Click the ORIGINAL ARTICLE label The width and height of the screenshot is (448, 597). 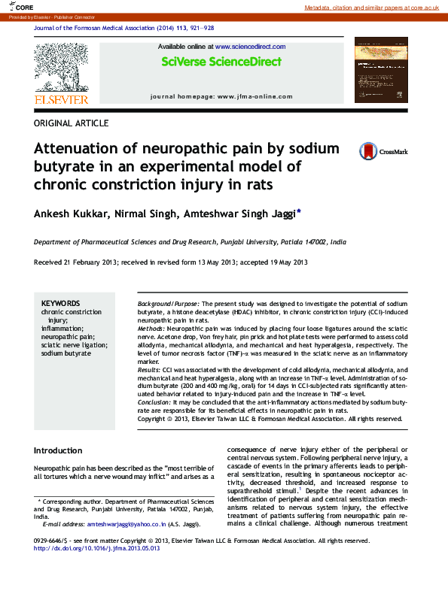(72, 123)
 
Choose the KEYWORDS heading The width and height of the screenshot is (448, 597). (61, 302)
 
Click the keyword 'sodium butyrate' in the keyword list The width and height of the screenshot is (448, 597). (66, 353)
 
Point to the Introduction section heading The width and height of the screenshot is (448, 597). (58, 450)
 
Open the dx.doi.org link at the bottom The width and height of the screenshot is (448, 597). (97, 548)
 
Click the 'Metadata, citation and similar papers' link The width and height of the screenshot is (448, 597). (371, 7)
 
